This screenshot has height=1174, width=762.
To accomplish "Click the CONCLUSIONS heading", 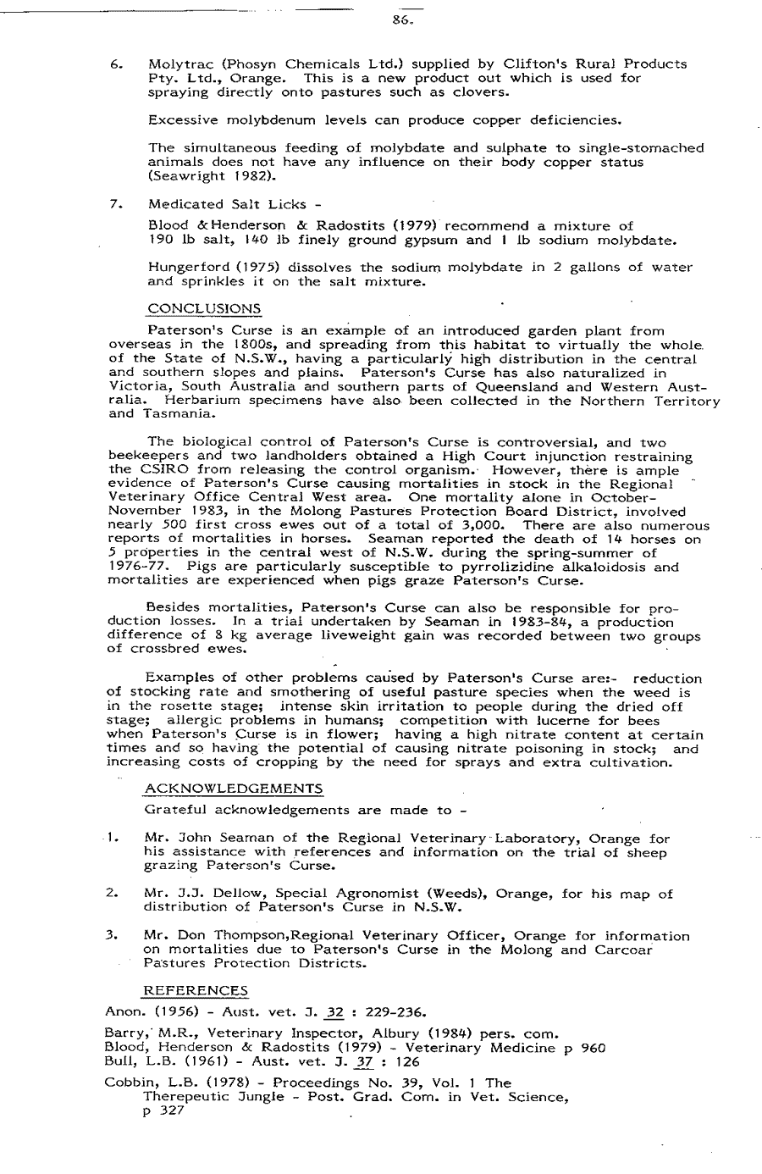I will click(204, 307).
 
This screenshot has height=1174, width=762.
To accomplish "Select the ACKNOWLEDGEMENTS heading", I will click(234, 789).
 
